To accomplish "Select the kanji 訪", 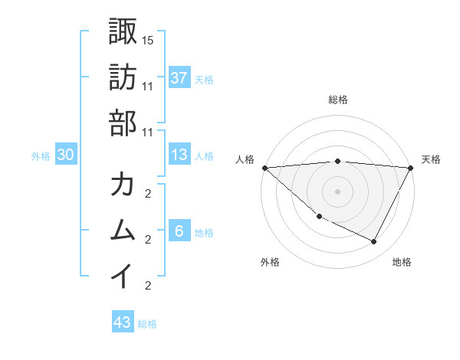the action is pos(123,77).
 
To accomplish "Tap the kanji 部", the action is pos(123,123).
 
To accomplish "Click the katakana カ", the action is pos(123,185).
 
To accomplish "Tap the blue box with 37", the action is pos(179,77).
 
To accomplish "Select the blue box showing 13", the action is pos(179,155).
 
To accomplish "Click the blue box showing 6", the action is pos(179,231).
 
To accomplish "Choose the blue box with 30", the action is pos(65,155).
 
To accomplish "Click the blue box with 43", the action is pos(123,322).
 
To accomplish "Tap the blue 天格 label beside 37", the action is pos(204,79).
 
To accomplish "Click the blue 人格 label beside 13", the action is pos(204,156).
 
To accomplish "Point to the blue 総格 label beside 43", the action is pos(147,324).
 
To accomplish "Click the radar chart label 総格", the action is pos(337,100).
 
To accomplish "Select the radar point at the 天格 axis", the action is pos(411,167).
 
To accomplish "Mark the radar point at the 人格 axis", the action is pos(264,167).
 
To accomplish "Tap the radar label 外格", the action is pos(270,263).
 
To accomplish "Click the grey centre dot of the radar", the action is pos(337,191).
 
